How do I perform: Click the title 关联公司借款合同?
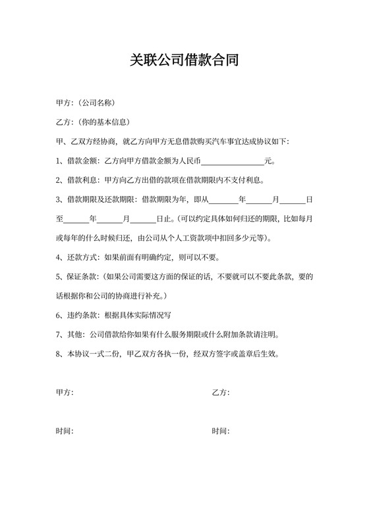pyautogui.click(x=184, y=61)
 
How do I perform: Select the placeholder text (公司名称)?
pyautogui.click(x=97, y=103)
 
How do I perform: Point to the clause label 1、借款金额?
pyautogui.click(x=77, y=161)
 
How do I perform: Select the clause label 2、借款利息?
pyautogui.click(x=77, y=180)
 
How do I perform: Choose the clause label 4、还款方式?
pyautogui.click(x=77, y=257)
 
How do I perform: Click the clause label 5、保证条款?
pyautogui.click(x=77, y=276)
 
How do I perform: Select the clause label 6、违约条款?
pyautogui.click(x=77, y=314)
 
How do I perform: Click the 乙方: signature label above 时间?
pyautogui.click(x=220, y=393)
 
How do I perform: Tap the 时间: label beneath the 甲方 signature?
pyautogui.click(x=65, y=432)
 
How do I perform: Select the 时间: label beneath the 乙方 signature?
pyautogui.click(x=220, y=432)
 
